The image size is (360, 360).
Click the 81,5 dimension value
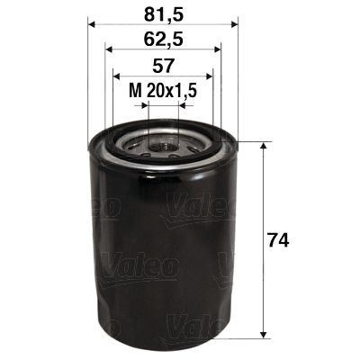pos(162,13)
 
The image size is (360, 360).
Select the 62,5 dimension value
pos(162,39)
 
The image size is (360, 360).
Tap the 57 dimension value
pos(162,66)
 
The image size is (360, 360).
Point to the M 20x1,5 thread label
pos(163,91)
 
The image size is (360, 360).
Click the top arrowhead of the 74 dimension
pos(263,146)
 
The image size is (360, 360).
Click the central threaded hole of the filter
pos(162,141)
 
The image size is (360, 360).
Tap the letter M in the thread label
pos(134,91)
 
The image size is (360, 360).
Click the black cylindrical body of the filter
pos(162,243)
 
